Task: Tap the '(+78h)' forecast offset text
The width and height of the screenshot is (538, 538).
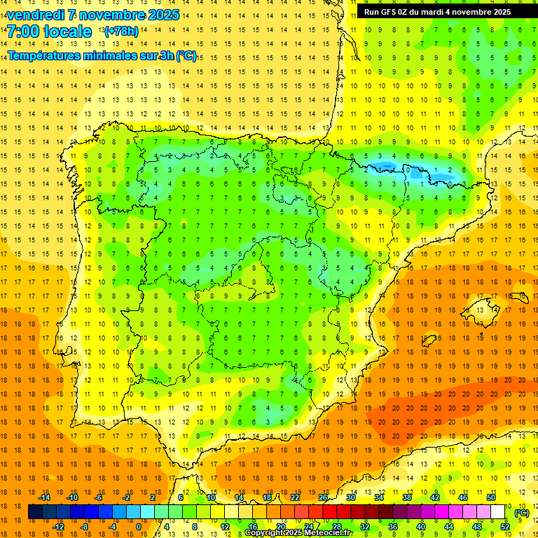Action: [x=120, y=31]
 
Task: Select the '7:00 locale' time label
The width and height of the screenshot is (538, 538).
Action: [x=49, y=32]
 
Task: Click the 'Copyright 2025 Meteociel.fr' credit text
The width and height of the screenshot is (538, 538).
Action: [x=298, y=533]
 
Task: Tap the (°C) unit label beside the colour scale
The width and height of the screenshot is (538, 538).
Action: [x=521, y=513]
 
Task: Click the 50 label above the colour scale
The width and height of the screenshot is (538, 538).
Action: [x=491, y=497]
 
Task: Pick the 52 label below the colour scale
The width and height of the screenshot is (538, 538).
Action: [x=505, y=527]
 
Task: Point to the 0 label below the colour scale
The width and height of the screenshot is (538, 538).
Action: [x=138, y=527]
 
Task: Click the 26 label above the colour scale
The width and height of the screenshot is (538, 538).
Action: [x=323, y=497]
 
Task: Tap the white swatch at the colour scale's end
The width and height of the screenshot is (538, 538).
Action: [x=497, y=512]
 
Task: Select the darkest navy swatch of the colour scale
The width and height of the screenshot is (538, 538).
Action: [x=35, y=512]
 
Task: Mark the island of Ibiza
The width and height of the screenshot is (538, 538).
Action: [x=429, y=340]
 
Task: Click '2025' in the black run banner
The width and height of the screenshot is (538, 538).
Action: [x=498, y=12]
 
